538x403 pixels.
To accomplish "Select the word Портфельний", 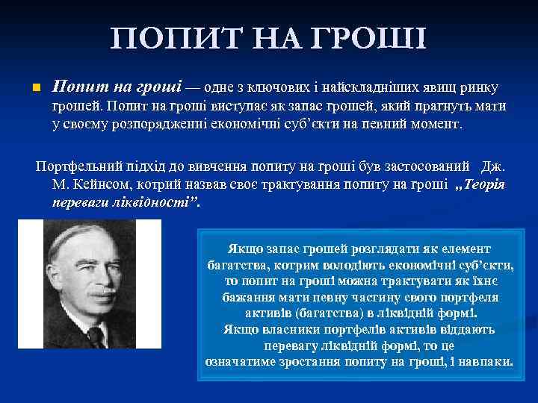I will [78, 166].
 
